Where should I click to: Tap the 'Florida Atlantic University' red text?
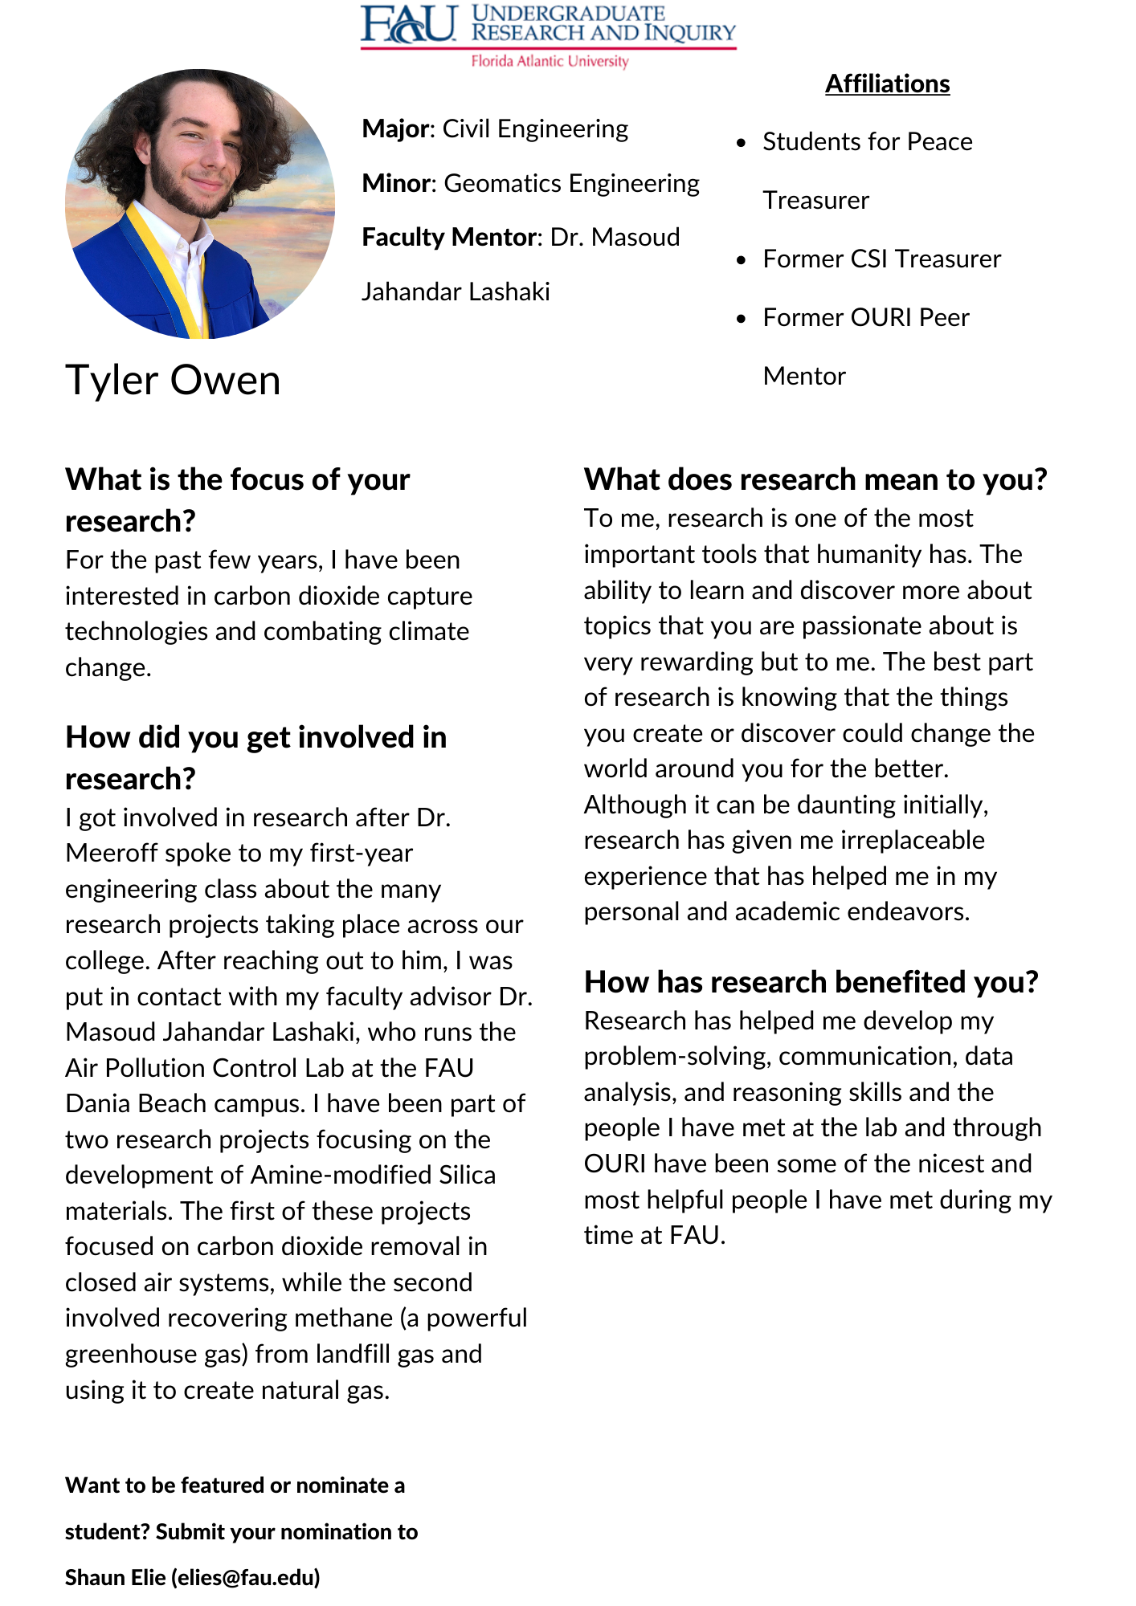(x=550, y=61)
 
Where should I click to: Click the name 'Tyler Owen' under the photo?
(x=173, y=380)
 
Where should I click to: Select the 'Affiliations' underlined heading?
(x=887, y=84)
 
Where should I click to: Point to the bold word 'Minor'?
(x=397, y=183)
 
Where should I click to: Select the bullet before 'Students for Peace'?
(x=742, y=143)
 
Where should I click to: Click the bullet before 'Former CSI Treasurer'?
(x=742, y=260)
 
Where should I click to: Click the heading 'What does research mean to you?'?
(x=815, y=479)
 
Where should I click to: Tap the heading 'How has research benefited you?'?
(x=811, y=982)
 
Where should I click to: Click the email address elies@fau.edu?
(x=245, y=1578)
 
